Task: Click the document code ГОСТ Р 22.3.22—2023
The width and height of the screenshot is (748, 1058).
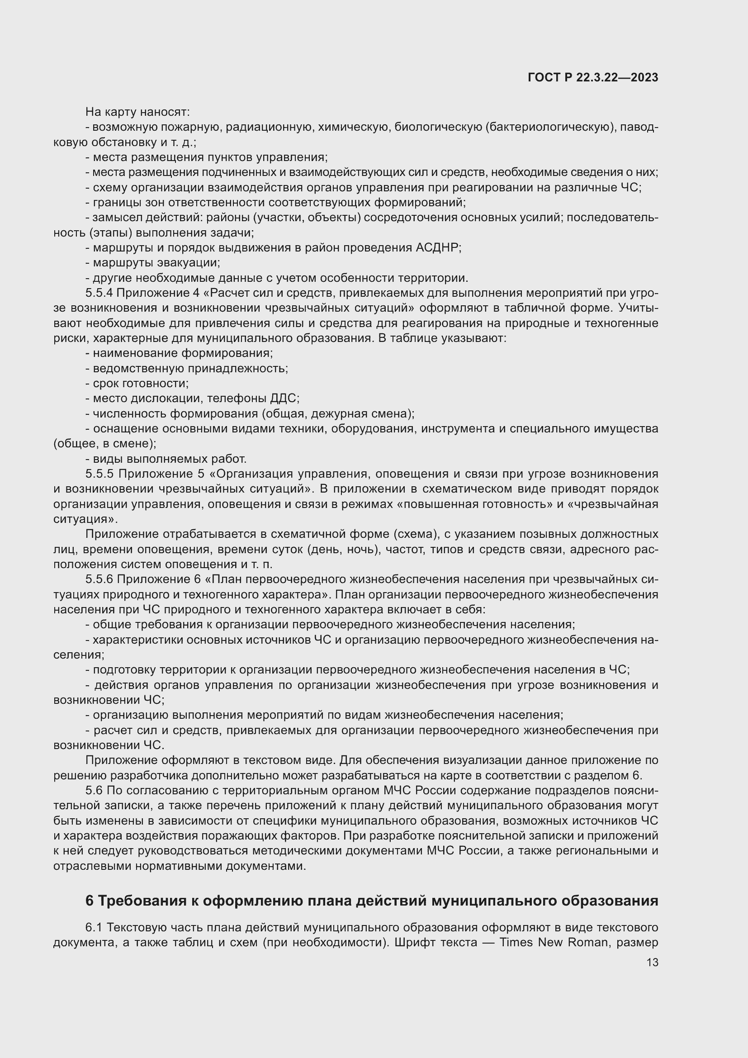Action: (x=593, y=77)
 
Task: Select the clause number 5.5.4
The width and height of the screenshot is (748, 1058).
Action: (x=99, y=293)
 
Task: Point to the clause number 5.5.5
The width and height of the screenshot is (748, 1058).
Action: (x=99, y=474)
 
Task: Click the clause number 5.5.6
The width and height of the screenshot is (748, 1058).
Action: (x=99, y=579)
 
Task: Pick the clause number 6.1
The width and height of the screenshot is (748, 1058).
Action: (x=94, y=927)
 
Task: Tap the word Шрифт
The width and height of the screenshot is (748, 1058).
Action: (x=416, y=942)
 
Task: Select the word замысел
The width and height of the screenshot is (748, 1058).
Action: (x=114, y=218)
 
